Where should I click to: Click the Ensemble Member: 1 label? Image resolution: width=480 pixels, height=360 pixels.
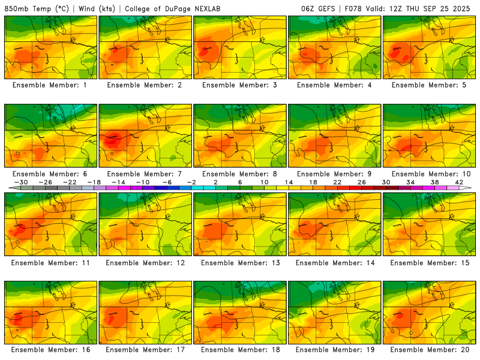point(50,85)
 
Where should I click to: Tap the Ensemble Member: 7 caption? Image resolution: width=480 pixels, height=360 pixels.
point(145,174)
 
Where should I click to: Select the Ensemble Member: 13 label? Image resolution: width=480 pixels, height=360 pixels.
point(240,262)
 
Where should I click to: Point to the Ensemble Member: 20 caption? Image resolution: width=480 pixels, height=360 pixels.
point(430,350)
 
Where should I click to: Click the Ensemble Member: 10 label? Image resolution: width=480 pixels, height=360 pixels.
point(430,174)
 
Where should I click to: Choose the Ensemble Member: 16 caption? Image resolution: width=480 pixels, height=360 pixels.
point(50,350)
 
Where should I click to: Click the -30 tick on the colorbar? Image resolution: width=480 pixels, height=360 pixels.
point(21,182)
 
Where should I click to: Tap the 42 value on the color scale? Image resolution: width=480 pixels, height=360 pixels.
point(459,182)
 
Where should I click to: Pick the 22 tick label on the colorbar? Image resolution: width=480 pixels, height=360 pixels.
point(337,182)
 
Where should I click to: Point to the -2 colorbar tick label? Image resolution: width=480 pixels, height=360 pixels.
point(191,182)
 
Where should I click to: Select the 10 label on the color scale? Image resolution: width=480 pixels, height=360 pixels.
point(264,182)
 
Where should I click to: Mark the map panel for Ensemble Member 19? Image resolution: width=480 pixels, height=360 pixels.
point(335,311)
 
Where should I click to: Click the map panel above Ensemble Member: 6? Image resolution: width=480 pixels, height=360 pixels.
point(50,135)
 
